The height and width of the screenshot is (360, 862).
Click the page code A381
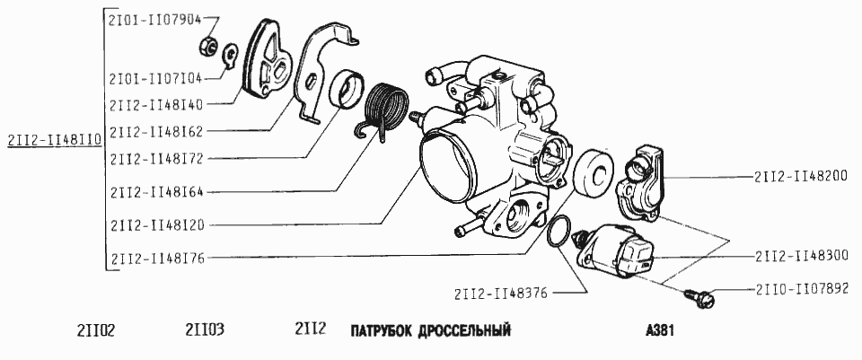[660, 330]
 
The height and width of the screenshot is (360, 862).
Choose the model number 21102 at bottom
[96, 330]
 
